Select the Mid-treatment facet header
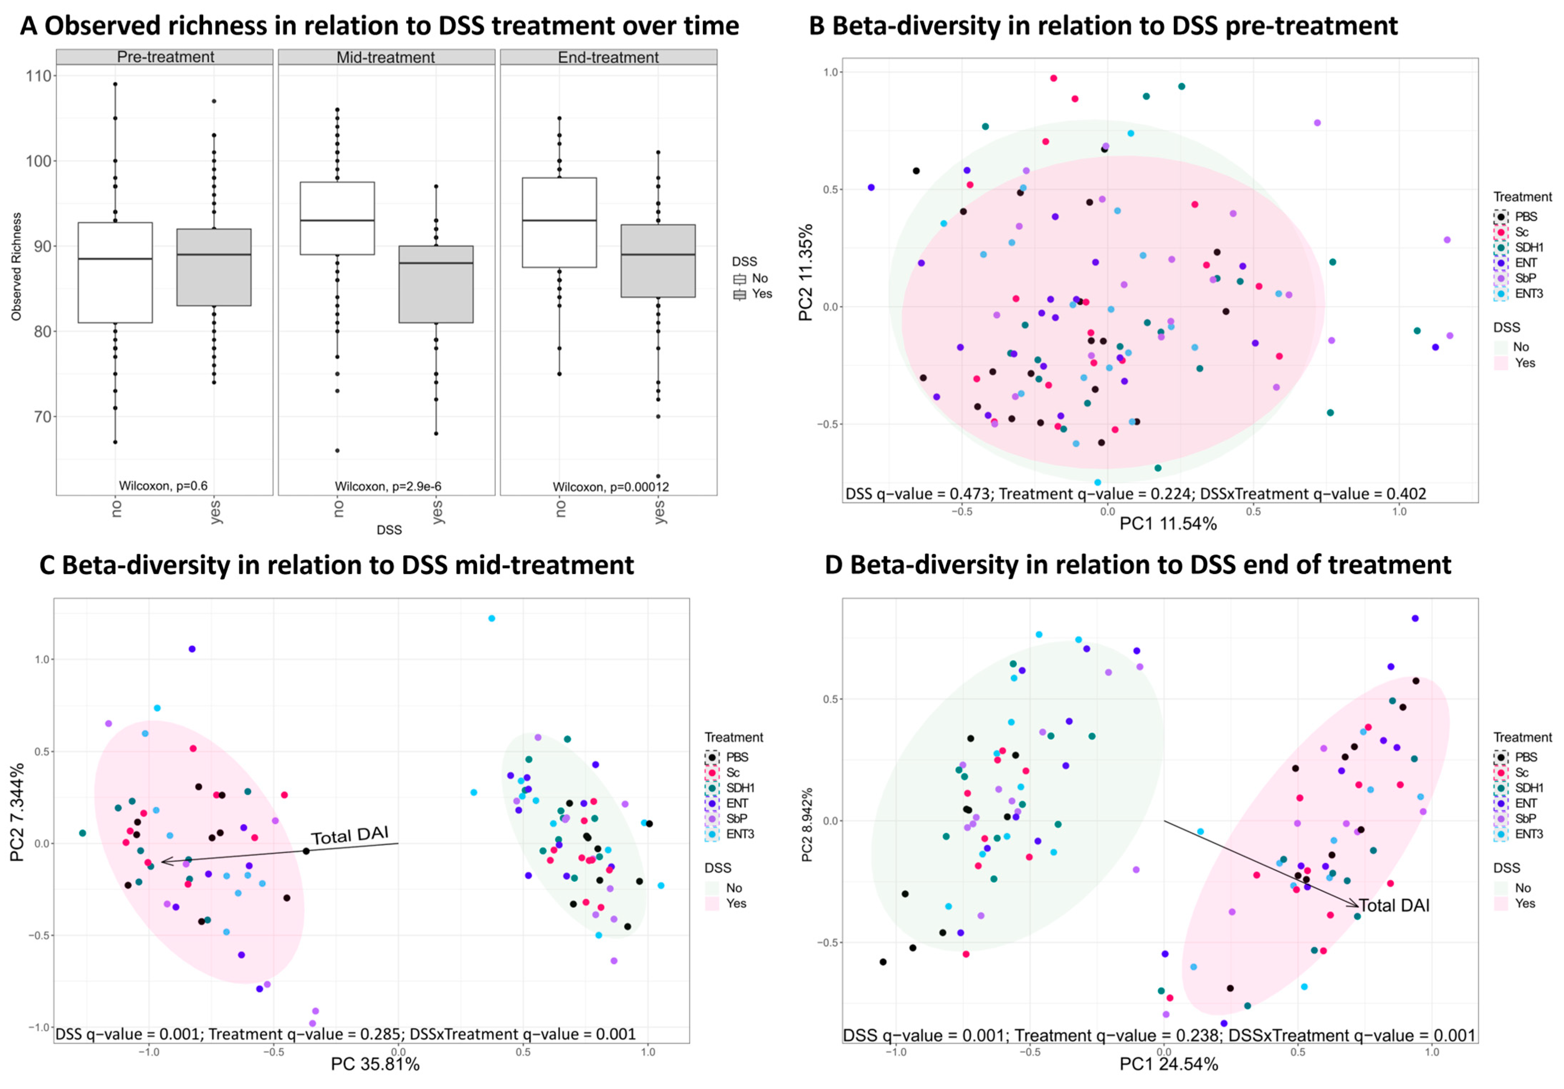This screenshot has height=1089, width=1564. (386, 57)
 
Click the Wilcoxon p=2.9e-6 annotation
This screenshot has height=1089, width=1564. (387, 486)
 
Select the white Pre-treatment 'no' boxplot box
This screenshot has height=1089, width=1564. (115, 272)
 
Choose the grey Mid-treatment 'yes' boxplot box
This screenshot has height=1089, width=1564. (436, 284)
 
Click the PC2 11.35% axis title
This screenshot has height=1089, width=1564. (806, 272)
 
